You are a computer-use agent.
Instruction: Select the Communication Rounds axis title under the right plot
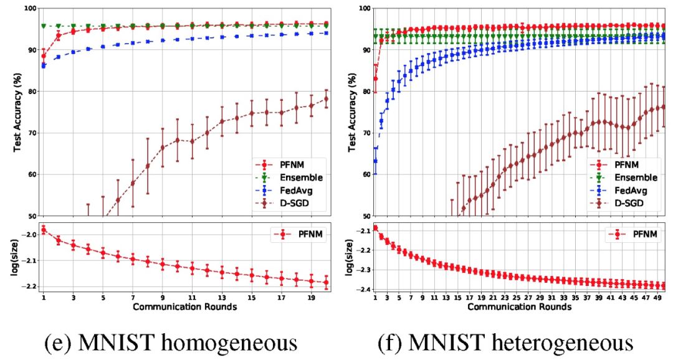click(520, 307)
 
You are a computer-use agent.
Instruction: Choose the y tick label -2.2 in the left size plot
click(28, 287)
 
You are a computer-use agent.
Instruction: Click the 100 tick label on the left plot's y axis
click(29, 9)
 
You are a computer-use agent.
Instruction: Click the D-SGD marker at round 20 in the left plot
click(327, 99)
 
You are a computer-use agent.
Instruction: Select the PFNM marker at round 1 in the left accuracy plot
click(44, 56)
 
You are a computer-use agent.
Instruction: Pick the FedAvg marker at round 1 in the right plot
click(375, 161)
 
